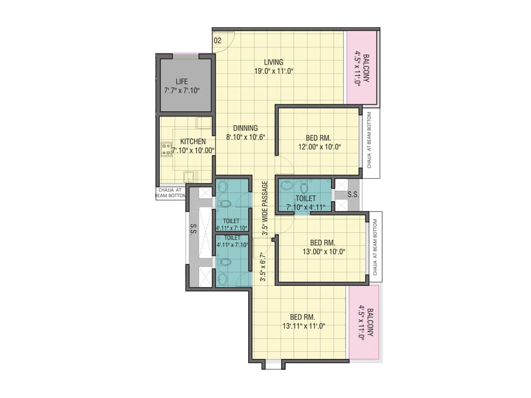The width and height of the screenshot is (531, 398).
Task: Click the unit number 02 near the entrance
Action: point(217,40)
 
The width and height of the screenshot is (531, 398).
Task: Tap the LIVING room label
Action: point(273,62)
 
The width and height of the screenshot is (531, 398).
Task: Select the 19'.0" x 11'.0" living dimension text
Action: point(273,71)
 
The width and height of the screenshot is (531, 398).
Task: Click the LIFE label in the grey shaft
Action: point(182,82)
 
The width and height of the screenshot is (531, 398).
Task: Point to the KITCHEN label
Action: point(193,141)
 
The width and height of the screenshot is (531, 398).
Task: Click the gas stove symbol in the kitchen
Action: point(166,149)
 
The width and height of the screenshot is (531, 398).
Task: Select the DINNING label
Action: point(245,128)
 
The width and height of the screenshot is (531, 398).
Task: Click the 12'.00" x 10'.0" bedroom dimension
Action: point(319,147)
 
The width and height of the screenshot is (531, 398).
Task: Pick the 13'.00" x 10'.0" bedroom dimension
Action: point(324,252)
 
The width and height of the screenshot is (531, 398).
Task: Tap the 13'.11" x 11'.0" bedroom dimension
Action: point(303,326)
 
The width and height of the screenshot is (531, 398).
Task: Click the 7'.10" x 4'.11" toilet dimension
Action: point(305,208)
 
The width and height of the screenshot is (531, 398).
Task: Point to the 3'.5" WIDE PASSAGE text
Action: point(265,208)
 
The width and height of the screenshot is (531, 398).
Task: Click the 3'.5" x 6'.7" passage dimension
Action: point(263,267)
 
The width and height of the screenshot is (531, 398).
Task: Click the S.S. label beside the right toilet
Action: point(353,194)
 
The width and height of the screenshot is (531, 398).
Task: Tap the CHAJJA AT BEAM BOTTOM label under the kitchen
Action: point(170,193)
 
